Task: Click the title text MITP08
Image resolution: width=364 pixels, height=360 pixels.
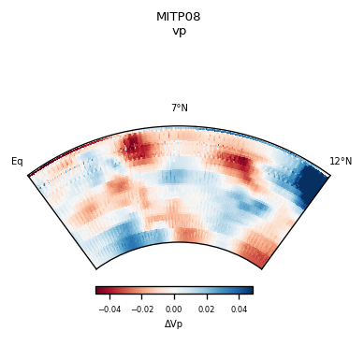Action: point(179,17)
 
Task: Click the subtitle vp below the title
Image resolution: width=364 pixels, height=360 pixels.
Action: point(179,31)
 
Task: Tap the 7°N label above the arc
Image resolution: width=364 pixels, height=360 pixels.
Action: point(179,108)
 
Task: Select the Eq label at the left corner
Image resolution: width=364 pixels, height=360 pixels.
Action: point(17,162)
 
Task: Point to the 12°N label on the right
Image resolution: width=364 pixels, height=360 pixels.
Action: point(341,162)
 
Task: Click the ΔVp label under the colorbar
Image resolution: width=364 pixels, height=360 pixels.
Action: point(174,324)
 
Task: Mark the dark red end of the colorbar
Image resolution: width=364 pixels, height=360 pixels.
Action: point(99,290)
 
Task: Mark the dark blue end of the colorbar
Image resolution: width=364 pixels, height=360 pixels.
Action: point(249,290)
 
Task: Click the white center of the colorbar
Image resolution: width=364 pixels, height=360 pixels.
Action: point(174,290)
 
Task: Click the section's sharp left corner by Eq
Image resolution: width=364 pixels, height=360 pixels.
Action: point(29,175)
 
